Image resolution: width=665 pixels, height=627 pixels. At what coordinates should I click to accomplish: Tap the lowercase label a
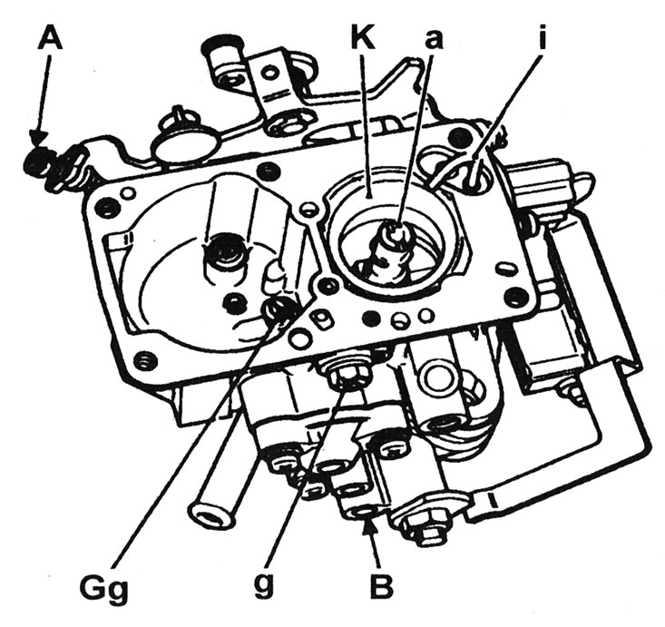click(x=434, y=41)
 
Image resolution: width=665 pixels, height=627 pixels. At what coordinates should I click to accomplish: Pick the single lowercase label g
click(x=262, y=588)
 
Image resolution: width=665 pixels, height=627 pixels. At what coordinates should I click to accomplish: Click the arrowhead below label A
click(x=39, y=137)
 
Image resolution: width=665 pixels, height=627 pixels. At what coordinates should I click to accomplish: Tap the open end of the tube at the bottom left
click(x=208, y=514)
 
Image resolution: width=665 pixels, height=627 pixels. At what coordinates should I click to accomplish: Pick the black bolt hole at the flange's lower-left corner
click(x=143, y=360)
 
